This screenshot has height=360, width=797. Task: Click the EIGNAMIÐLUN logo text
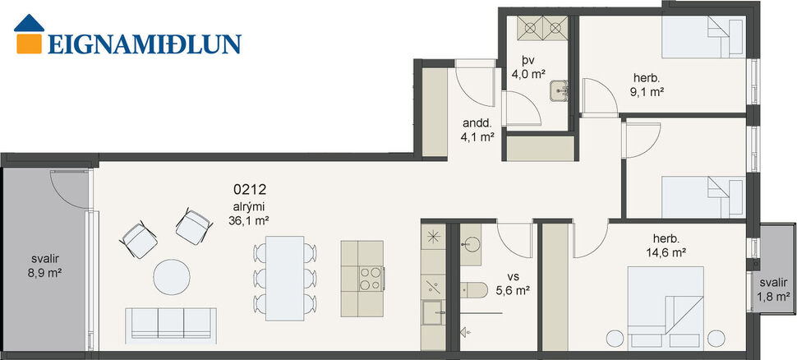145,43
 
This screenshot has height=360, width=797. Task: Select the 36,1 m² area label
249,220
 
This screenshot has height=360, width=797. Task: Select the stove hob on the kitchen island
370,278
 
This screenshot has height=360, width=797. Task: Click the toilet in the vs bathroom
473,288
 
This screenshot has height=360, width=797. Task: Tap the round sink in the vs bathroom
472,243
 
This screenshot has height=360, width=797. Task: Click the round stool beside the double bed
615,336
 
